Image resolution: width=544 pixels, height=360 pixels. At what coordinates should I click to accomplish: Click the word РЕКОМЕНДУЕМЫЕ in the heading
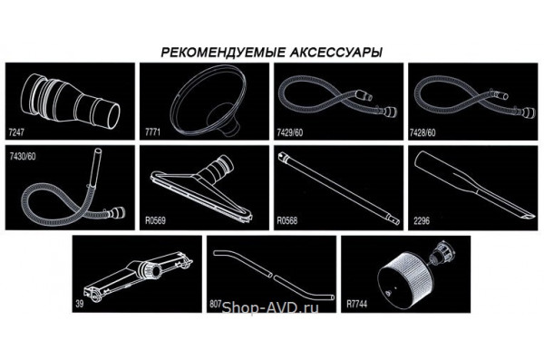pyautogui.click(x=223, y=53)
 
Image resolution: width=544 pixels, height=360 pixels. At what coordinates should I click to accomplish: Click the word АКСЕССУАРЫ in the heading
pyautogui.click(x=335, y=53)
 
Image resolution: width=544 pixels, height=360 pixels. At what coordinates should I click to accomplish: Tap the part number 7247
pyautogui.click(x=16, y=131)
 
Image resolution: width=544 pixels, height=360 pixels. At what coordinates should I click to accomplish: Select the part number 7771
pyautogui.click(x=152, y=132)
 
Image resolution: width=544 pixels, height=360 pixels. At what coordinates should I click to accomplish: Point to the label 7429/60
pyautogui.click(x=290, y=132)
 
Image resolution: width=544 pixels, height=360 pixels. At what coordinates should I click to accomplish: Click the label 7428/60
pyautogui.click(x=423, y=132)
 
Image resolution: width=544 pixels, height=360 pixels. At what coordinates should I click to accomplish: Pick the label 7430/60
pyautogui.click(x=23, y=156)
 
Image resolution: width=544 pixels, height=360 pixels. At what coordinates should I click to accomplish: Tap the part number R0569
pyautogui.click(x=155, y=220)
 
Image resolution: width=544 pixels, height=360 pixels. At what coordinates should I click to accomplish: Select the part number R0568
pyautogui.click(x=287, y=220)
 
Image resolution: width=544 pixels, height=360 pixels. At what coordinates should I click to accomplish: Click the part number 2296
pyautogui.click(x=422, y=220)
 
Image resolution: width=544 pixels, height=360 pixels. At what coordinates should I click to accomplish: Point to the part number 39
pyautogui.click(x=80, y=304)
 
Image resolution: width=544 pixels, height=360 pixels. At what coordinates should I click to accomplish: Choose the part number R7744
pyautogui.click(x=356, y=304)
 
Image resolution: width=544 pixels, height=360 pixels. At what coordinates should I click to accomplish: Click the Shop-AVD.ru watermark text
pyautogui.click(x=270, y=307)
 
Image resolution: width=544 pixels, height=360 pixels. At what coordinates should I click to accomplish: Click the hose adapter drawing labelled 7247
pyautogui.click(x=71, y=101)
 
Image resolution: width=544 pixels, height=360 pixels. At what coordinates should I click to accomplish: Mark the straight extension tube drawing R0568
pyautogui.click(x=338, y=188)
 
